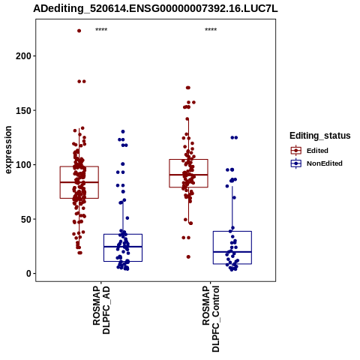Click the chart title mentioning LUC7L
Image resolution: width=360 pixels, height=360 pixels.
155,8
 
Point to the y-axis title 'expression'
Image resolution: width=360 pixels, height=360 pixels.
8,150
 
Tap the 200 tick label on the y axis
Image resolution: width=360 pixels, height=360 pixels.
23,56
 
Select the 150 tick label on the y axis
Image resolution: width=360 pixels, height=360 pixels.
23,110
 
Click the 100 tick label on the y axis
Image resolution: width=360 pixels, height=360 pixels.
23,165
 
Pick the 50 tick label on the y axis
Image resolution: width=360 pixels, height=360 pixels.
26,219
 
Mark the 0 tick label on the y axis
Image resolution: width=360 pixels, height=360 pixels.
29,274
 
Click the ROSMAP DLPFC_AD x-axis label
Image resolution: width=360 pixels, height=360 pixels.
101,310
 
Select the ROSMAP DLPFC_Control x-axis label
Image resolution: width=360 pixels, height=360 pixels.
211,319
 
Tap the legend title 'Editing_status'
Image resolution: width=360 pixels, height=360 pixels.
320,136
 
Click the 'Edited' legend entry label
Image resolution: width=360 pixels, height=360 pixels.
317,151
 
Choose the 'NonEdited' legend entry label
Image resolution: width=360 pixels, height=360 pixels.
325,163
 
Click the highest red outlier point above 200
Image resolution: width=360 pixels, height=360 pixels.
79,31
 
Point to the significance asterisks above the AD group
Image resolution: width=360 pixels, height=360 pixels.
101,30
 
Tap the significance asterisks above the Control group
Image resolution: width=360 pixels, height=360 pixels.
211,30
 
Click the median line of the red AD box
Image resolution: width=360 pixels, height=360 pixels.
79,182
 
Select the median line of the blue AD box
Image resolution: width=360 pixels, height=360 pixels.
123,247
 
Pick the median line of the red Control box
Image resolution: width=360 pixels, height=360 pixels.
188,175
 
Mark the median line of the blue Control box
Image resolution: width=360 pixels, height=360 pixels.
232,252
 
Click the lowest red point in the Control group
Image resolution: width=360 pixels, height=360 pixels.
188,256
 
